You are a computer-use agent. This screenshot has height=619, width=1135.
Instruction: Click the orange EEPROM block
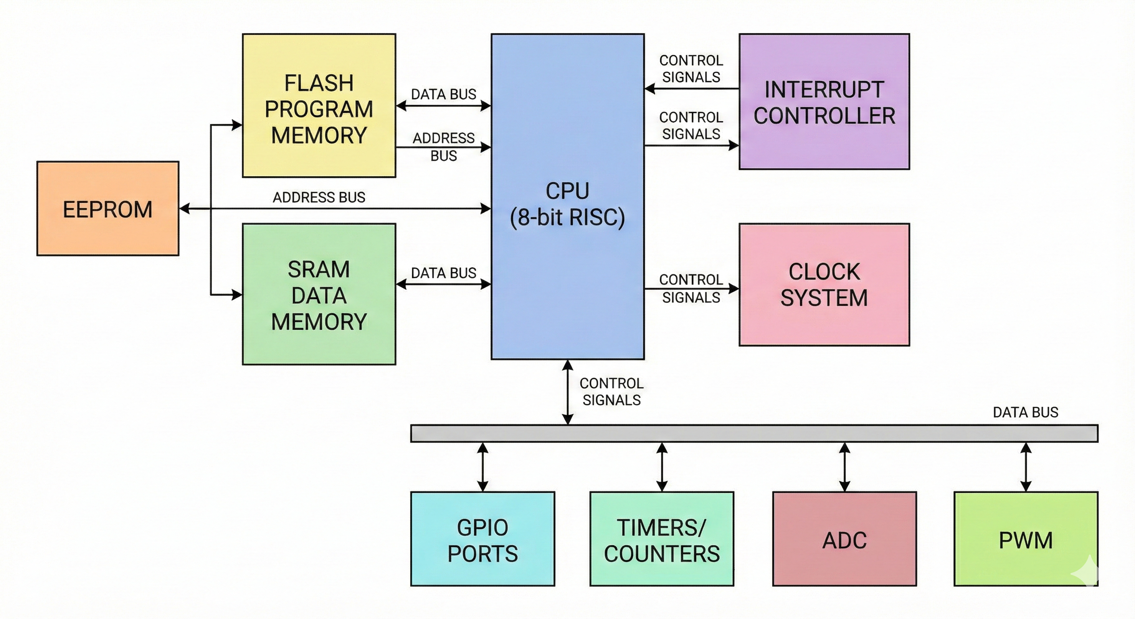pos(108,208)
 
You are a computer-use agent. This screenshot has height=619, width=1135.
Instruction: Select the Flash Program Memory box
pos(318,106)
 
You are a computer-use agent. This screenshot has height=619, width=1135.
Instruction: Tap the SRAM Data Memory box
pos(318,294)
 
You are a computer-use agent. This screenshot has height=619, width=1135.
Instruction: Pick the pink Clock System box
pos(824,285)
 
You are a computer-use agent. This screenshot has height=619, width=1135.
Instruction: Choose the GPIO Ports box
pos(482,539)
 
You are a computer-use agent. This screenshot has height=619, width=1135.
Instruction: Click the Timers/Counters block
pos(662,539)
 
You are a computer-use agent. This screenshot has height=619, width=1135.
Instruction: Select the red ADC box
pos(844,539)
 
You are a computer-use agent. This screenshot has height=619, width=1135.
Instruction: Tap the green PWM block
pos(1026,539)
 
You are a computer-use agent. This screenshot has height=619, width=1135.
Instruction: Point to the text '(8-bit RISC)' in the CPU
pos(567,217)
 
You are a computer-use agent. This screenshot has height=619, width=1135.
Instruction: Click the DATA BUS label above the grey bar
pos(1025,412)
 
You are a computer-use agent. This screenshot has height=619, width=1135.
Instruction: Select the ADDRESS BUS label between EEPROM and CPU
pos(319,197)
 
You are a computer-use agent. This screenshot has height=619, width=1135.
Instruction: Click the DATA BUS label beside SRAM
pos(443,273)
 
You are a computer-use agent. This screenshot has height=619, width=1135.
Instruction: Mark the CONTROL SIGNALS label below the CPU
pos(611,392)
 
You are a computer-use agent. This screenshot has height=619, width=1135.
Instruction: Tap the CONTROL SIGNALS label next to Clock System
pos(691,289)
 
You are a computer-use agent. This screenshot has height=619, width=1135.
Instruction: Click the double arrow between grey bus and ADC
pos(844,467)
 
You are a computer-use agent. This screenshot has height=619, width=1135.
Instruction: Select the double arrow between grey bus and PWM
pos(1026,467)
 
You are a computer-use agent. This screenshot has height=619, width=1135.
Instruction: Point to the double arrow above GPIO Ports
pos(482,467)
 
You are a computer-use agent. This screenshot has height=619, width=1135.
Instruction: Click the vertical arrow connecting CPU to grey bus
pos(568,392)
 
